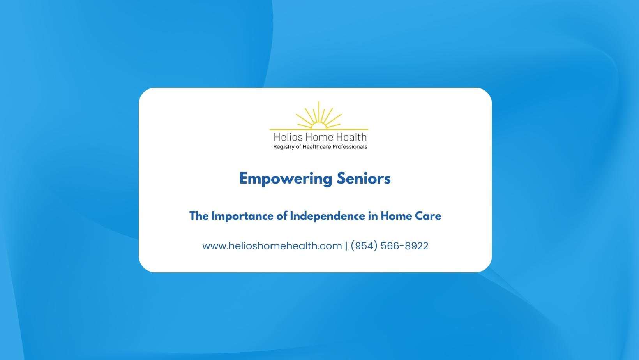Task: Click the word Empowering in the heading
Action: pyautogui.click(x=285, y=179)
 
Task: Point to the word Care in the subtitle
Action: pyautogui.click(x=430, y=216)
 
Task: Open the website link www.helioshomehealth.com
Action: pyautogui.click(x=272, y=246)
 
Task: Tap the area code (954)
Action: pyautogui.click(x=364, y=246)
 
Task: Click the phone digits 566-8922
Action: pyautogui.click(x=404, y=246)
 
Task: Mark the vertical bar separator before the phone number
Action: pyautogui.click(x=346, y=246)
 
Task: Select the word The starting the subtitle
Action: pyautogui.click(x=199, y=216)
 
